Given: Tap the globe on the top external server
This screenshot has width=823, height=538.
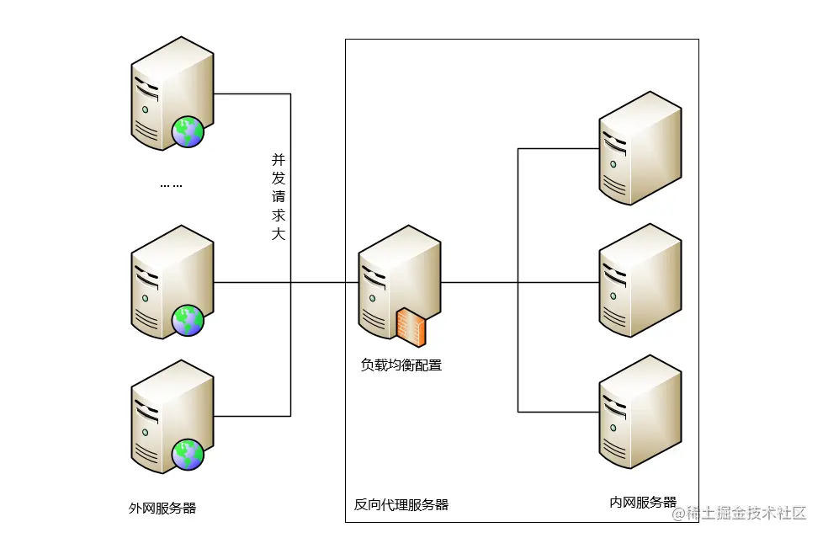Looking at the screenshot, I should (187, 132).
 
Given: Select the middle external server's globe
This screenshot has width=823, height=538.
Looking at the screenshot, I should (188, 320).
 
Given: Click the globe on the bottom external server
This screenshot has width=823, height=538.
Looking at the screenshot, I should (187, 454).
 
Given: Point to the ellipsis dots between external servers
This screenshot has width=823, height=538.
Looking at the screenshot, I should (171, 184).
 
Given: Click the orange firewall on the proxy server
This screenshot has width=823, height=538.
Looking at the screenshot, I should (411, 327).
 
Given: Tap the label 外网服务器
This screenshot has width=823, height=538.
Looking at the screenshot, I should (162, 508).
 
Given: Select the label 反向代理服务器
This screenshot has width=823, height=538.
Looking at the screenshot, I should (401, 505).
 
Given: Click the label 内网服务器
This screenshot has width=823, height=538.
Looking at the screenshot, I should (643, 503).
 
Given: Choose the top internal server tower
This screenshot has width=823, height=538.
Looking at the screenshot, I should (639, 148).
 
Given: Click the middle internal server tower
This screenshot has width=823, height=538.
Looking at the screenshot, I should (639, 280).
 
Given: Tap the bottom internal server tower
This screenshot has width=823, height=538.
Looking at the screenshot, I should (639, 413).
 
